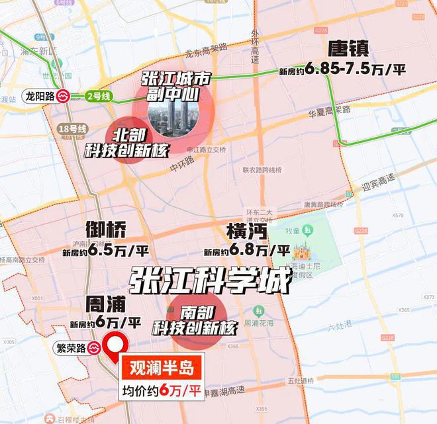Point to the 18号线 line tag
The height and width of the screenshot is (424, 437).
(x=72, y=128)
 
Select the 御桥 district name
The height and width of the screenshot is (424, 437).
(x=106, y=230)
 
